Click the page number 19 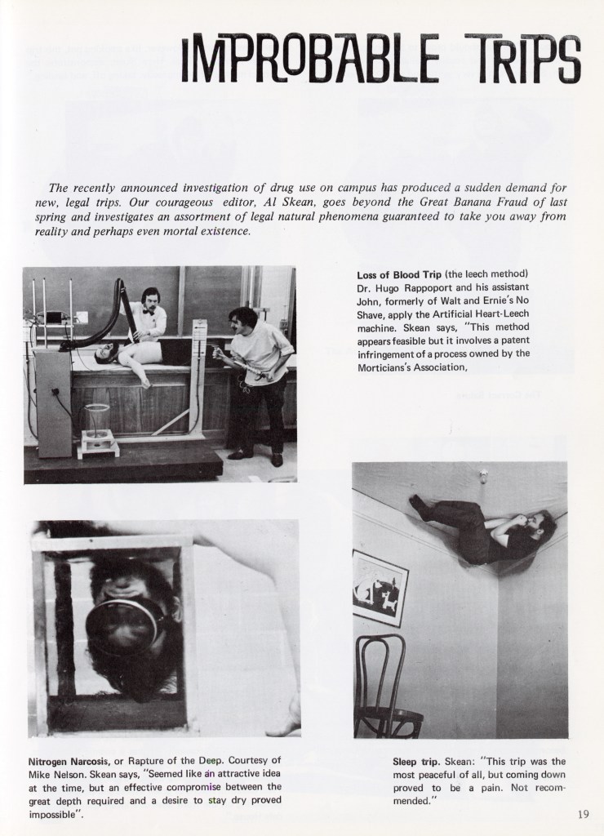(581, 812)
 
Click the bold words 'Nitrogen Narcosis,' (68, 762)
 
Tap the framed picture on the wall (380, 585)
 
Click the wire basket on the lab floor (97, 424)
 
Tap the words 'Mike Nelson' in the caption (55, 775)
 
